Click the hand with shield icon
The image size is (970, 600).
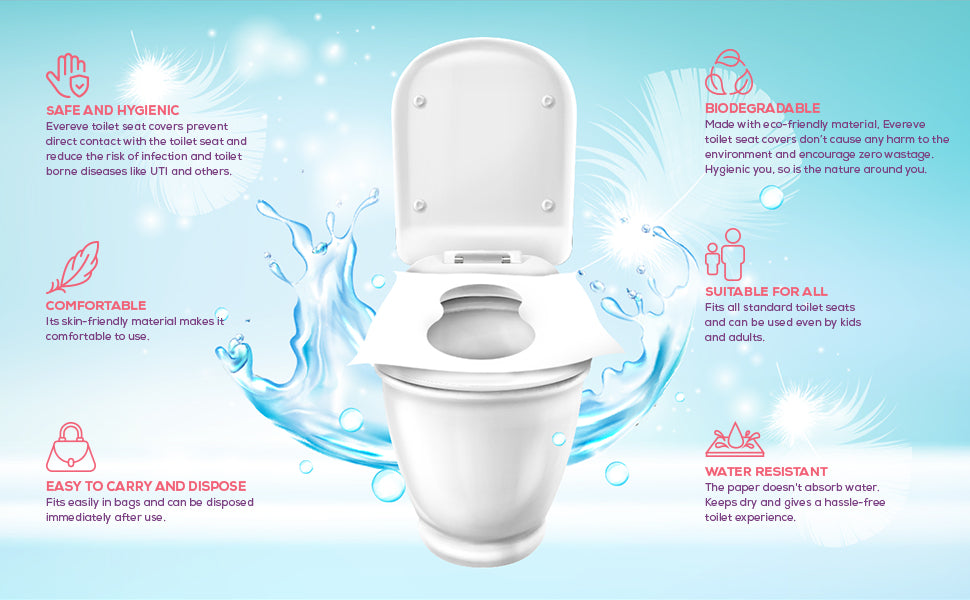coord(68,75)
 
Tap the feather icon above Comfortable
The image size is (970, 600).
coord(73,267)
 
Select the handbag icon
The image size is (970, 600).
coord(71,447)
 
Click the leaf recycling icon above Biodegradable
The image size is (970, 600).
coord(729,72)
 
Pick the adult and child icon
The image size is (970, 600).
coord(725,255)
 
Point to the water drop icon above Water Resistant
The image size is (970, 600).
coord(734,440)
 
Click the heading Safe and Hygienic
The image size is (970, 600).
coord(113,110)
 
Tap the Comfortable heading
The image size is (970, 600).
coord(96,306)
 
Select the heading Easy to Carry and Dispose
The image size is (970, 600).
coord(146,486)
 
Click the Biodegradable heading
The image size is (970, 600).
coord(763,108)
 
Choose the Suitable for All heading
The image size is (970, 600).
coord(766,291)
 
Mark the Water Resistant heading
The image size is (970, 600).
coord(766,471)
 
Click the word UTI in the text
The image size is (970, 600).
coord(159,171)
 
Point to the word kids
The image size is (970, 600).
coord(848,322)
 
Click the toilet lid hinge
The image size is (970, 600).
coord(483,257)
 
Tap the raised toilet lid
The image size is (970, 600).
coord(484,152)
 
